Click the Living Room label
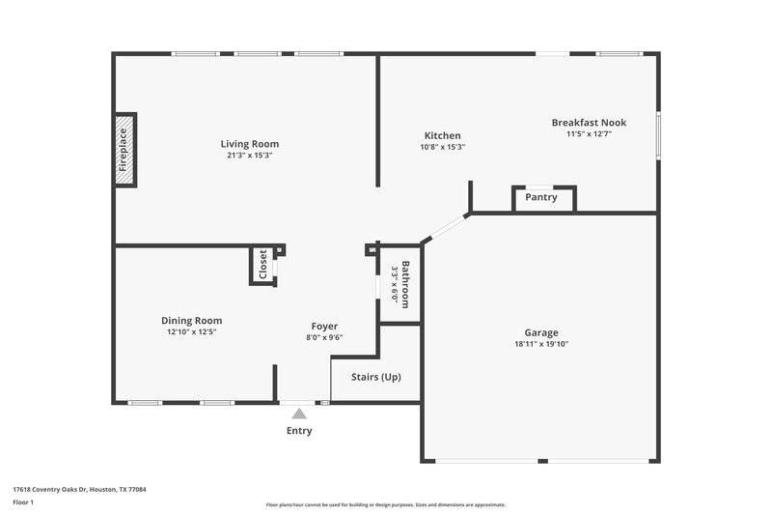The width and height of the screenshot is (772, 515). point(249,144)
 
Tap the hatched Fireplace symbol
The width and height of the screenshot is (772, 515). point(124,150)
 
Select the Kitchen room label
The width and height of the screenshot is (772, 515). point(442,135)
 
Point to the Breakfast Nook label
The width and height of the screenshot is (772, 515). point(589,123)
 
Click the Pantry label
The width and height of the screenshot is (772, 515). point(541,197)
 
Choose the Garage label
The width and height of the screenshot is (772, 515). point(540,332)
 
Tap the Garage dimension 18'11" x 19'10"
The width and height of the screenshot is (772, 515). point(540,344)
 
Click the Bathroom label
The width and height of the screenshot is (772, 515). point(406,283)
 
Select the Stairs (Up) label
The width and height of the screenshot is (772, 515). point(375,376)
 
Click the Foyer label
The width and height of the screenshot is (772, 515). point(324,326)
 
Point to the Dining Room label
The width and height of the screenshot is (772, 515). point(191,321)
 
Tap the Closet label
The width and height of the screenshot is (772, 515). point(262,266)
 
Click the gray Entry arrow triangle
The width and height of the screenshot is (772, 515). point(299,413)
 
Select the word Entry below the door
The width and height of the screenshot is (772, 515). point(299,431)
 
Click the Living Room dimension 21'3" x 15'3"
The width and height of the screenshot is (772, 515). point(249,156)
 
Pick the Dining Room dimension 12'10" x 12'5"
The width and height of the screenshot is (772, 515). point(191,332)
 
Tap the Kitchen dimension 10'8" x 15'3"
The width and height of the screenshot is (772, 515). point(442,147)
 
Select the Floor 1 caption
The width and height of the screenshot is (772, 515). point(23,503)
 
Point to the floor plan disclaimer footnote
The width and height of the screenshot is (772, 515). point(385,504)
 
